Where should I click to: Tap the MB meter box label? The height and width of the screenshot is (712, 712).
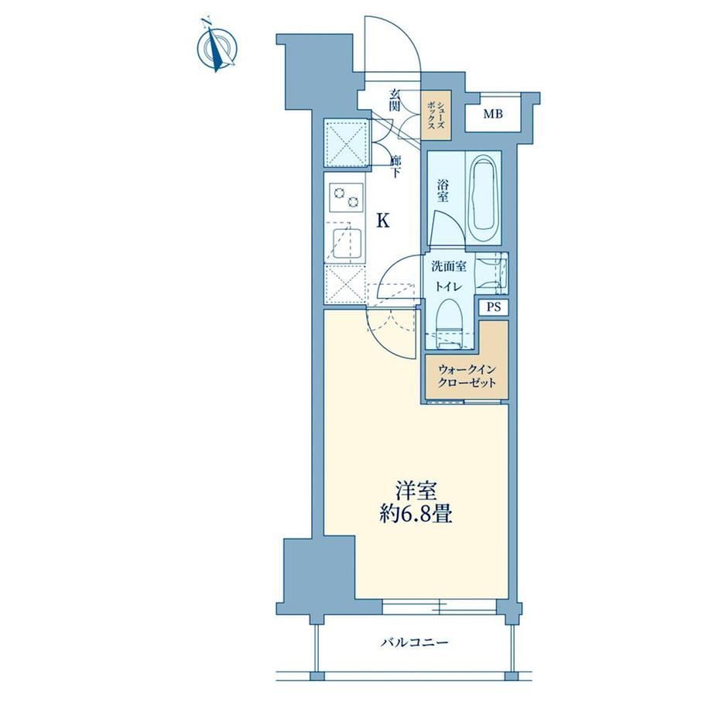pos(493,114)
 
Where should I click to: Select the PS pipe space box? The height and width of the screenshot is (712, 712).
pos(494,307)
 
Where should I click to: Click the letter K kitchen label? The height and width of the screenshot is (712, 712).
pos(384,221)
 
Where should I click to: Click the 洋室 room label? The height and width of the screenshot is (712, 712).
pos(416,491)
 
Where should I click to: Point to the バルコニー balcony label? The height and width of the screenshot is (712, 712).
pos(415,642)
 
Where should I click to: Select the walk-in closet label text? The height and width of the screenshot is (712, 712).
pos(467,376)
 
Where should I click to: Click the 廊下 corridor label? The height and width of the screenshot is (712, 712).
pos(395,166)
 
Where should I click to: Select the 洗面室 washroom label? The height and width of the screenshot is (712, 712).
pos(449,266)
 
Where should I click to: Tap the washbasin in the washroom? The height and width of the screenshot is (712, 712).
pos(491,274)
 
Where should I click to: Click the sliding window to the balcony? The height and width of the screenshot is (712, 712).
pos(440,606)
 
